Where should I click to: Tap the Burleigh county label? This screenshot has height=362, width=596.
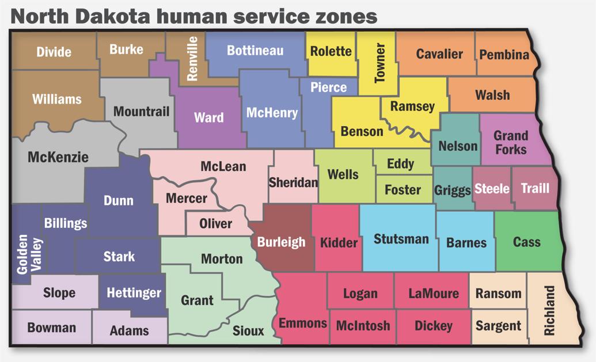tap(281, 242)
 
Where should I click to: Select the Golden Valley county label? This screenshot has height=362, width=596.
tap(29, 254)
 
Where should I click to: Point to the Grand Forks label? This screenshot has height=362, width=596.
tap(511, 142)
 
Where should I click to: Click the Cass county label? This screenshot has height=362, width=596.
tap(526, 242)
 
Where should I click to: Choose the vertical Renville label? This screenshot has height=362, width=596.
tap(192, 58)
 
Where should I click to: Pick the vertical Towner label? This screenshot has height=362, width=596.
tap(379, 63)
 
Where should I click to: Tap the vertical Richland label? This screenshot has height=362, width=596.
tap(549, 311)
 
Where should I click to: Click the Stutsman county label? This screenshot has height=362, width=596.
tap(401, 238)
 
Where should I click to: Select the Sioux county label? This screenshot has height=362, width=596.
tap(248, 330)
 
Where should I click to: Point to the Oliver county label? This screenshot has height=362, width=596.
tap(215, 223)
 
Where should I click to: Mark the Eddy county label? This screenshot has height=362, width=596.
tap(400, 164)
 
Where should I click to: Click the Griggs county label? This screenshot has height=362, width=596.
tap(452, 190)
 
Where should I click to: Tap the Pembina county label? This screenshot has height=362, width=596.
tap(504, 55)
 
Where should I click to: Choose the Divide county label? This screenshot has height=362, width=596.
tap(54, 52)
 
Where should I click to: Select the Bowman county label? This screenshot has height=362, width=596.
tap(51, 327)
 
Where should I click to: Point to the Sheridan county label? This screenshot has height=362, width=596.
tap(293, 183)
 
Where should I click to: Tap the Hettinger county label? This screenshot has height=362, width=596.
tap(134, 293)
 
